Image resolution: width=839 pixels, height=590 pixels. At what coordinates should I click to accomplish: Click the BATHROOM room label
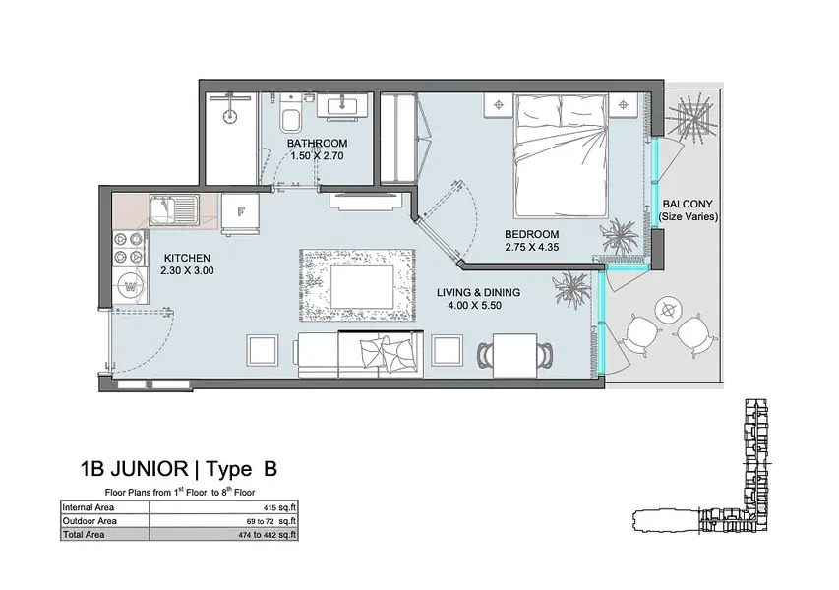click(x=317, y=144)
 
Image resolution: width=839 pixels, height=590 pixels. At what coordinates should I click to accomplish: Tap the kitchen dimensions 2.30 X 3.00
click(x=187, y=270)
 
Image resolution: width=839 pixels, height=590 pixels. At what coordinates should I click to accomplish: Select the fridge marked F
click(x=241, y=212)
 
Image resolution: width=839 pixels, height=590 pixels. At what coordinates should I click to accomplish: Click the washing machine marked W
click(x=130, y=286)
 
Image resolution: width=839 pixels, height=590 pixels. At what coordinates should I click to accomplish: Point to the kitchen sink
click(x=174, y=209)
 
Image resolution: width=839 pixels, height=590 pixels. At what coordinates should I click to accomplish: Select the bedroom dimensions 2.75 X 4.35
click(x=532, y=247)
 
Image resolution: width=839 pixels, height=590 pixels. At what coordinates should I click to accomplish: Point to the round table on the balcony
click(x=668, y=309)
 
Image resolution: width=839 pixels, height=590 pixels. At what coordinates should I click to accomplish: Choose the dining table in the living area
click(x=514, y=355)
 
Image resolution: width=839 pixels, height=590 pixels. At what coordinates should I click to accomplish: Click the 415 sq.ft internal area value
click(x=280, y=507)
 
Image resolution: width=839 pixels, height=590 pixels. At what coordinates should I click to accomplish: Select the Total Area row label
click(x=84, y=534)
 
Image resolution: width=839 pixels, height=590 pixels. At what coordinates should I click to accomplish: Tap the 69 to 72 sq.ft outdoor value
click(x=271, y=521)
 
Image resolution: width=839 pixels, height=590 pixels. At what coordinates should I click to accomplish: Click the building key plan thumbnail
click(x=702, y=465)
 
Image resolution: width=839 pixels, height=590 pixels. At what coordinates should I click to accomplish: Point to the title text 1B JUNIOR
click(x=134, y=469)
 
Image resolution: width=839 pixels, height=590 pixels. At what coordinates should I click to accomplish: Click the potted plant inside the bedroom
click(x=620, y=235)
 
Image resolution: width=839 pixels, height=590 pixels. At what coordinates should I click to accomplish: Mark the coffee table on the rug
click(x=362, y=286)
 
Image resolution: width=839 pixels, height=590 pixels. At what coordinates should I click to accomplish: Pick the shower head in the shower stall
click(x=229, y=114)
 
